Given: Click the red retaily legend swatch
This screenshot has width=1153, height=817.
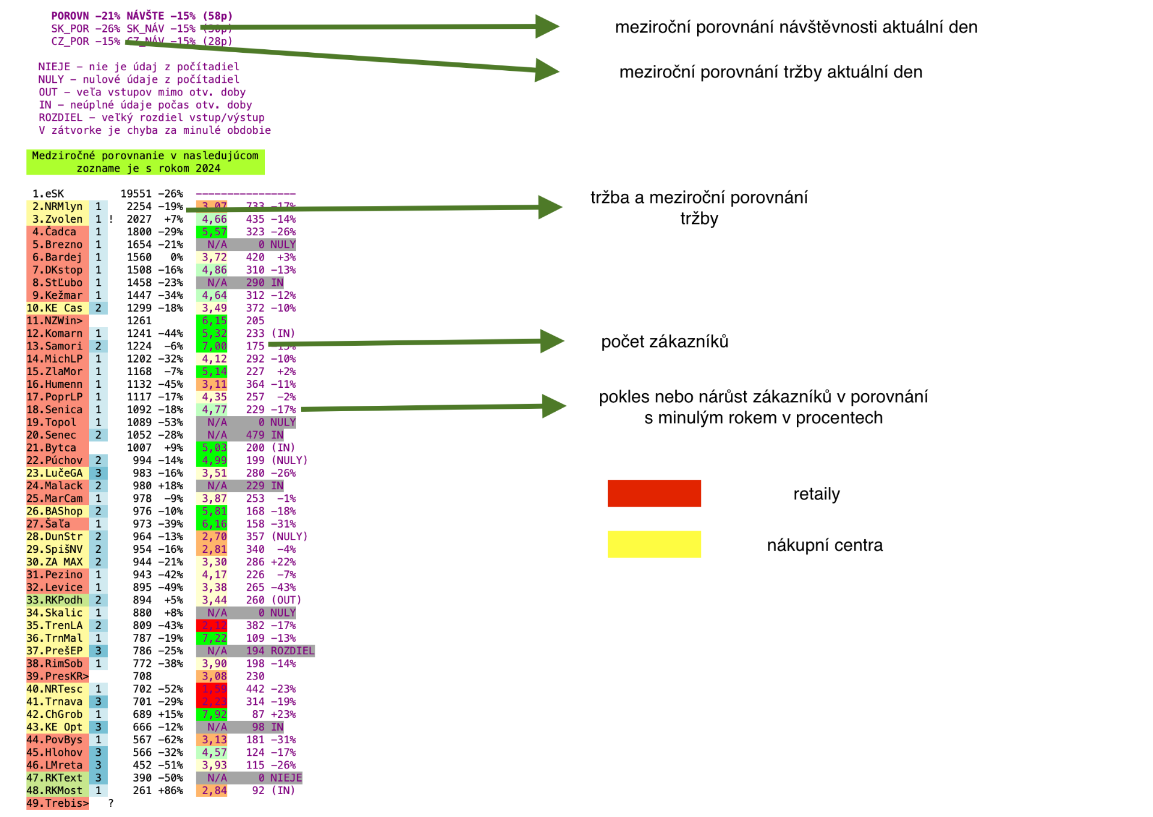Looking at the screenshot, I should pos(653,493).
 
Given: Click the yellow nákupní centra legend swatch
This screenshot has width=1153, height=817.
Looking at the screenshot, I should pos(653,544).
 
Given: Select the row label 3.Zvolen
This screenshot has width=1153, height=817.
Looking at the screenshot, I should pos(58,219).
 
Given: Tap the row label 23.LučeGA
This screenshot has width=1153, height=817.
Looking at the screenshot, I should pos(55,473).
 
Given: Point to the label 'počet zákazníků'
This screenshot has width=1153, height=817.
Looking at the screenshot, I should pos(664,342).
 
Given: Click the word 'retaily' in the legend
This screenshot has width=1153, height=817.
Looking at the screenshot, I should pos(816,494).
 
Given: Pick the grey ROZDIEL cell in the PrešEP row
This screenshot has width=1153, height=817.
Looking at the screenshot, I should pos(292,651).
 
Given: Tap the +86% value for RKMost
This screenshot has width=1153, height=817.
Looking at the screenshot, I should pos(171,791).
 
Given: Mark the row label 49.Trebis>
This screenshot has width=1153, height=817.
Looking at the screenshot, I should pos(57,803).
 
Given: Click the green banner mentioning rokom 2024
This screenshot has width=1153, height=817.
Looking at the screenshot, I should pos(145,162).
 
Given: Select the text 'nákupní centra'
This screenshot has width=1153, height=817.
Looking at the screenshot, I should pos(825,545).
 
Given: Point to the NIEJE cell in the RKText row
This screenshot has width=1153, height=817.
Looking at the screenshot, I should pos(285,778).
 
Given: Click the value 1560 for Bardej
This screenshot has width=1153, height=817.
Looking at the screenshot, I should pos(139,258).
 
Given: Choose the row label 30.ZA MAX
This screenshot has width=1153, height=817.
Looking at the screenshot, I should pos(55,562).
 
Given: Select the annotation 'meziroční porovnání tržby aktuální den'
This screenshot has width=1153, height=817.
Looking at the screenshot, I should pos(770,72).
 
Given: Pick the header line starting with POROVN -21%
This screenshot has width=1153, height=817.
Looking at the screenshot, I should pos(142,16).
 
